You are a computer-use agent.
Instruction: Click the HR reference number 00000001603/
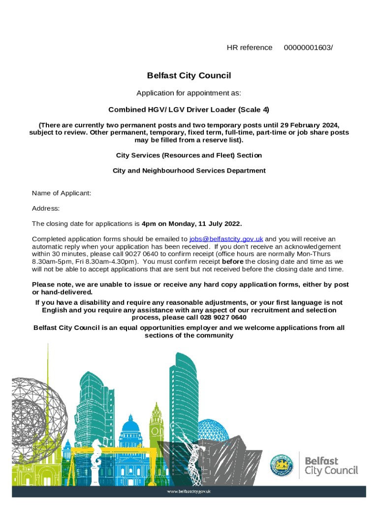point(309,47)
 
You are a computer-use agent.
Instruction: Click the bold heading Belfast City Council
point(189,75)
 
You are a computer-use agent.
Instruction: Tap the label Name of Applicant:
point(62,193)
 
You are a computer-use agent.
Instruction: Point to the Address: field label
point(46,209)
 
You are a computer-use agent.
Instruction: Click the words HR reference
point(249,47)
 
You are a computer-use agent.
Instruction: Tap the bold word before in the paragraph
point(233,261)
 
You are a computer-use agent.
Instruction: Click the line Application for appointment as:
point(189,93)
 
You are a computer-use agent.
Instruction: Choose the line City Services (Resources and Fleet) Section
point(189,155)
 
